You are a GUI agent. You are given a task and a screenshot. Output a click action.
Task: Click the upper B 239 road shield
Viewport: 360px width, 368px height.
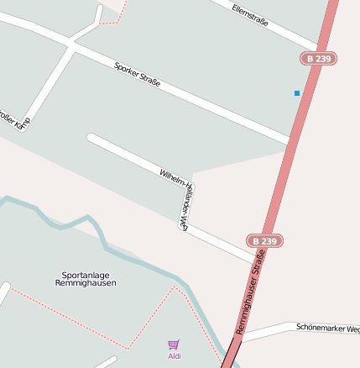[x=318, y=59]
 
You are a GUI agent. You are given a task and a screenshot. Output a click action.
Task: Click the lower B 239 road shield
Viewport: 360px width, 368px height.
[x=264, y=241]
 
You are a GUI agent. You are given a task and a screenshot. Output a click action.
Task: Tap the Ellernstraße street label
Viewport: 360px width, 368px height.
[x=250, y=14]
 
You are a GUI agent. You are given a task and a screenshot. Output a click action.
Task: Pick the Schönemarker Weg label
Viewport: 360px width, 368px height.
[x=328, y=327]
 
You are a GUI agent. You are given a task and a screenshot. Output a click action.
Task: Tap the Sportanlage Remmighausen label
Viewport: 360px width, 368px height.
[x=86, y=279]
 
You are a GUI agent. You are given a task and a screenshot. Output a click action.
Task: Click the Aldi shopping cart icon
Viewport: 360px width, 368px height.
[x=174, y=344]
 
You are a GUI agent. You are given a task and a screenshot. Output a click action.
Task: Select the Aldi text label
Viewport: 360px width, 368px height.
[x=174, y=356]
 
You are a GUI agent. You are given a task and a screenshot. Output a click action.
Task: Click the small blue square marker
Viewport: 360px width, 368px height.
[x=297, y=93]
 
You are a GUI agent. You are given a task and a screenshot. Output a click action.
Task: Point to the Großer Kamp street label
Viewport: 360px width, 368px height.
[x=15, y=119]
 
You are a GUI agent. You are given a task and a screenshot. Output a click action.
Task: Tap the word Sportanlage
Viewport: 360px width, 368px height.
[x=86, y=275]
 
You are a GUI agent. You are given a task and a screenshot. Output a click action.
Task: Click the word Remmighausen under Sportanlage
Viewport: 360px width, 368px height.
[x=86, y=283]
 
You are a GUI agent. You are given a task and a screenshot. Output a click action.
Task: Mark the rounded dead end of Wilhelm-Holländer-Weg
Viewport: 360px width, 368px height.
[x=91, y=139]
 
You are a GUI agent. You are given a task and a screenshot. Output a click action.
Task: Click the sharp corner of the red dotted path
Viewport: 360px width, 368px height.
[x=128, y=348]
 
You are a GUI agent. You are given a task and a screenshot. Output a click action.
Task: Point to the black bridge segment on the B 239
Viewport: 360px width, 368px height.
[x=228, y=355]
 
